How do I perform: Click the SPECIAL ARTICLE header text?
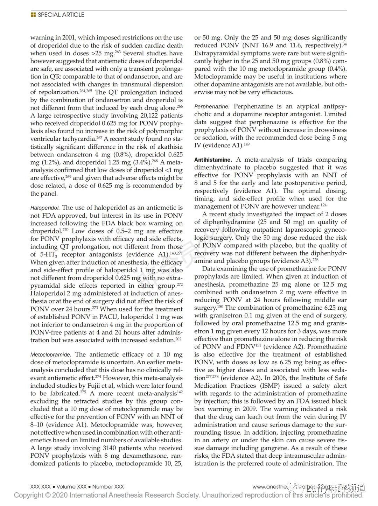(61, 15)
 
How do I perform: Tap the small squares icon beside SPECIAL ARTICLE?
(33, 15)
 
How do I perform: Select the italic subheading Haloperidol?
(45, 208)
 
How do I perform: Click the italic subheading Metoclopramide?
(51, 355)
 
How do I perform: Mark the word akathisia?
(168, 147)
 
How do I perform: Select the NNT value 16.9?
(267, 45)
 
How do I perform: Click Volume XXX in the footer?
(71, 487)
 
